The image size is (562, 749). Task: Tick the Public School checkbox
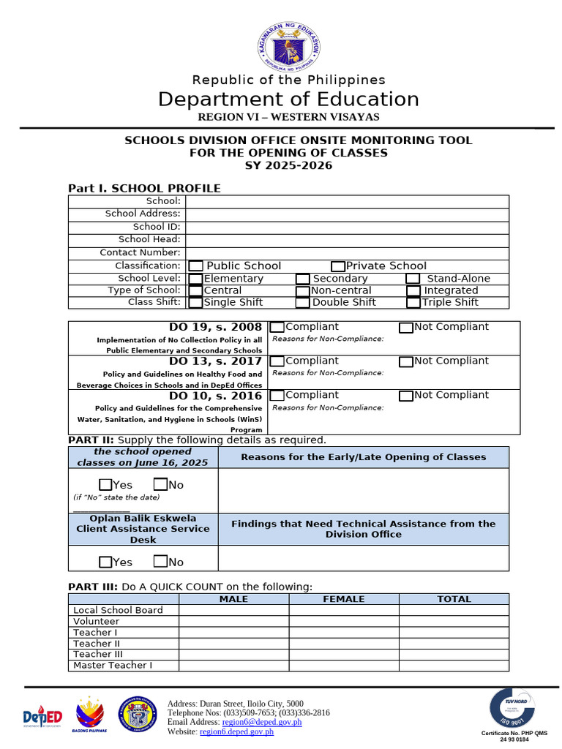(x=196, y=266)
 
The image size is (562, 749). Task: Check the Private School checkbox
(x=338, y=266)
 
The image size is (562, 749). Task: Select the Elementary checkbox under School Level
(x=196, y=279)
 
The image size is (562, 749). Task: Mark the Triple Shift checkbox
(x=413, y=302)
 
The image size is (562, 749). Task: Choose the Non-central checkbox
(x=303, y=291)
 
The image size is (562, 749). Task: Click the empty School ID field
(x=347, y=227)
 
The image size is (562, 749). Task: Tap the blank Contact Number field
(x=347, y=253)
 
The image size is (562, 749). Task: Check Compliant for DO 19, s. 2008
(x=277, y=328)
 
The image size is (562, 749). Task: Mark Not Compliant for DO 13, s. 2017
(x=406, y=361)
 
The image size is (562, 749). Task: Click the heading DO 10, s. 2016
(x=215, y=396)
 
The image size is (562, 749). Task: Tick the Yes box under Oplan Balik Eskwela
(x=105, y=562)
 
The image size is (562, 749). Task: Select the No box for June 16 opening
(x=161, y=485)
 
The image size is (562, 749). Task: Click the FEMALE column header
(x=344, y=599)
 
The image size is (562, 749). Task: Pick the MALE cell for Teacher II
(x=234, y=644)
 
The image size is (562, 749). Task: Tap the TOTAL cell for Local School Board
(x=454, y=610)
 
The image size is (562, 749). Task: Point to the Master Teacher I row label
(x=113, y=666)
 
